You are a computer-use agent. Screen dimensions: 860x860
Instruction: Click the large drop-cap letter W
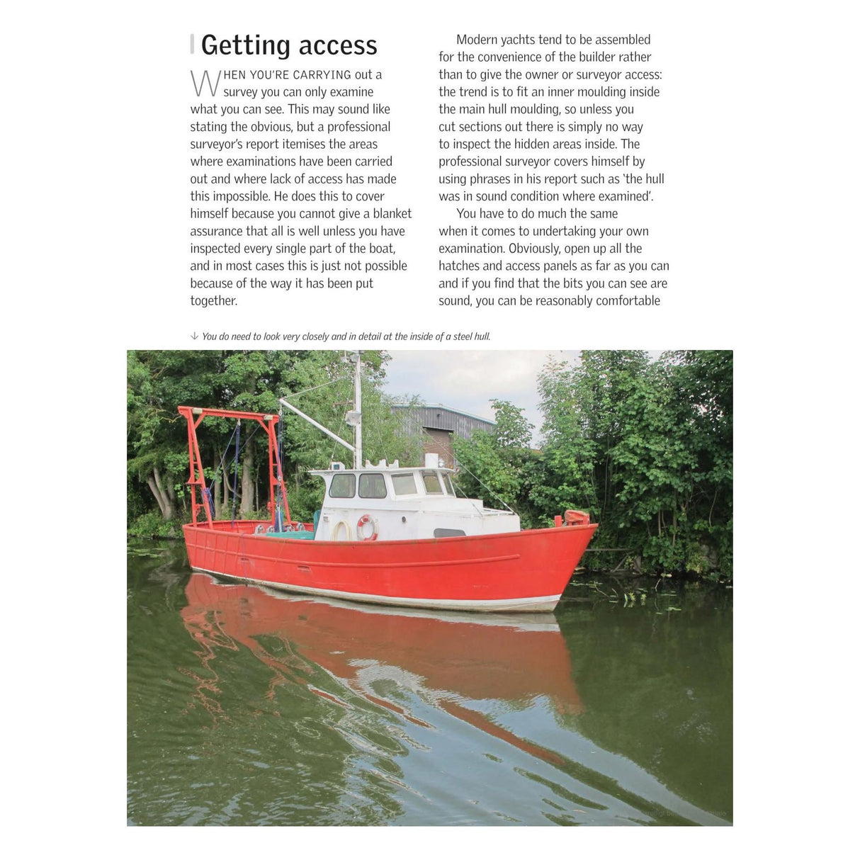click(205, 84)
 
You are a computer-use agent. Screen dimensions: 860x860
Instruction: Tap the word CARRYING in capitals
click(322, 75)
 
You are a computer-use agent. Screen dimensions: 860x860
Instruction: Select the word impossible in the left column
click(230, 196)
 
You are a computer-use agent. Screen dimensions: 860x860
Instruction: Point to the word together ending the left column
click(213, 300)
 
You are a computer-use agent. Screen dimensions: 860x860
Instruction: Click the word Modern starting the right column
click(477, 40)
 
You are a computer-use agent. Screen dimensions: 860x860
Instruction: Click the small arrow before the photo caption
click(194, 336)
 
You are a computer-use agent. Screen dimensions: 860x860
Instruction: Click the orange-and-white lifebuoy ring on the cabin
click(366, 527)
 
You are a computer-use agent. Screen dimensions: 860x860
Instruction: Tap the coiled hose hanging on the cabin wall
click(342, 531)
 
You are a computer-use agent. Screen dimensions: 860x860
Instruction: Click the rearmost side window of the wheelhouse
click(342, 485)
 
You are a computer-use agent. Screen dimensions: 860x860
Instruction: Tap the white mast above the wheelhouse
click(358, 411)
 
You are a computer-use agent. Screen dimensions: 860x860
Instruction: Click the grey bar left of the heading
click(192, 45)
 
